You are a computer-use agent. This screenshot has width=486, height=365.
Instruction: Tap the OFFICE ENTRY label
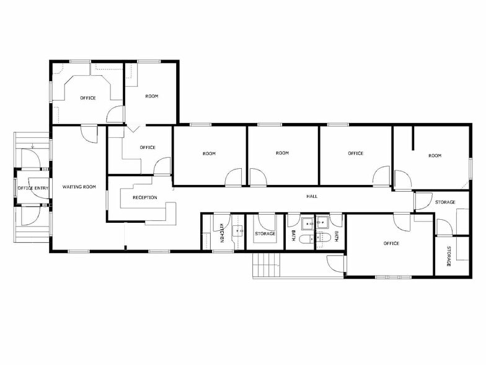33,188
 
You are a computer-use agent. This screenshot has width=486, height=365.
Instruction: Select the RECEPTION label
144,197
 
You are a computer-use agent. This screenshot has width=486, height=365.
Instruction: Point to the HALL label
312,196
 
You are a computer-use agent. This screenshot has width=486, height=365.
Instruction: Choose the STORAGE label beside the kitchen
265,233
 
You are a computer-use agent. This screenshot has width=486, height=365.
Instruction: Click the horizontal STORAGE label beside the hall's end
444,202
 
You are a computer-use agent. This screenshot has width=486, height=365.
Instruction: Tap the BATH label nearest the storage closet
293,236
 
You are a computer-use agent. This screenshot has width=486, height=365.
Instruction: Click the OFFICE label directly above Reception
147,147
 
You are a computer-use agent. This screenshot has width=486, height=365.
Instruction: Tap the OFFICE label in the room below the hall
391,243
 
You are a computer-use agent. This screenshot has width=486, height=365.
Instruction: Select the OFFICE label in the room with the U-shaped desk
88,98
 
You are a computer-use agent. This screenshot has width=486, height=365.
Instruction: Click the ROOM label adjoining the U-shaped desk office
152,96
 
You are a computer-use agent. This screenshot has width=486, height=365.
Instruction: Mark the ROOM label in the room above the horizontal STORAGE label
435,155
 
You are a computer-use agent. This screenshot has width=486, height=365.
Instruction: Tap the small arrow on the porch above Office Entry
32,146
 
